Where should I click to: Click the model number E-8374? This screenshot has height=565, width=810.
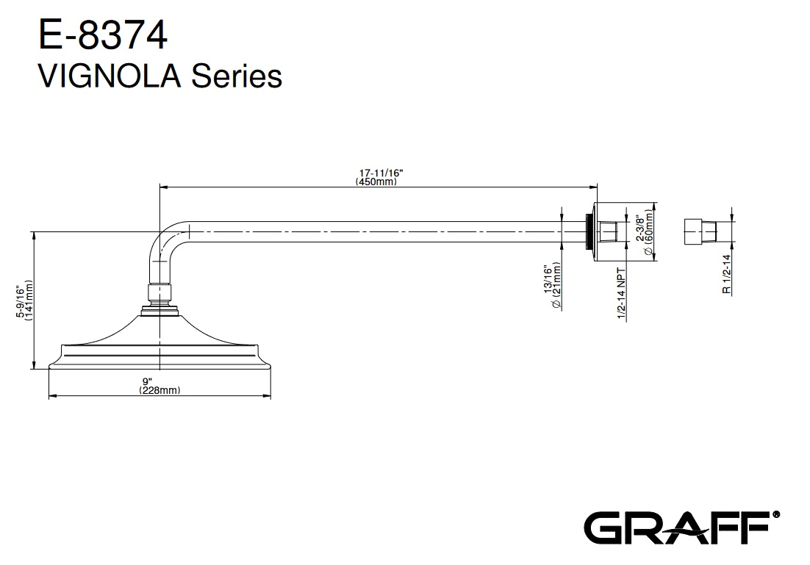pos(103,35)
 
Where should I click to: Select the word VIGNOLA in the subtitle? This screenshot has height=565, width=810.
pos(110,76)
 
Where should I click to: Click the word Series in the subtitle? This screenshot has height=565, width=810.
pos(237,76)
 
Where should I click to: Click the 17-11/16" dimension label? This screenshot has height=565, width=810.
pos(380,173)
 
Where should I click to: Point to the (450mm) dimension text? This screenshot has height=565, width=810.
pos(376,181)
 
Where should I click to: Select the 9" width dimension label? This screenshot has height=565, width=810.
pos(147,381)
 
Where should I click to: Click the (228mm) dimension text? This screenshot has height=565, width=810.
pos(160,390)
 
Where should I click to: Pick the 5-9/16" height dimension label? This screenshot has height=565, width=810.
pos(20,301)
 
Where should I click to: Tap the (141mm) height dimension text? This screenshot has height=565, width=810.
pos(29,300)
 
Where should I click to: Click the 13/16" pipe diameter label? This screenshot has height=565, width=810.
pos(548,280)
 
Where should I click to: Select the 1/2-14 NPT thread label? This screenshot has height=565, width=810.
pos(621,293)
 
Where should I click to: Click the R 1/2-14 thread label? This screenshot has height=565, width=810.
pos(727,274)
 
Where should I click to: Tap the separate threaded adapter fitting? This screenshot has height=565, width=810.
pos(700,231)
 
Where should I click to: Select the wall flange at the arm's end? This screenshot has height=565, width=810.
pos(595,231)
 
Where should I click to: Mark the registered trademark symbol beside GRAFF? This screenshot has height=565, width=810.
pos(776,515)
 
